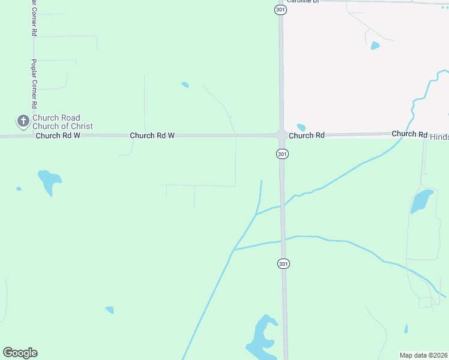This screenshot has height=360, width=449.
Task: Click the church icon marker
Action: [x=23, y=122]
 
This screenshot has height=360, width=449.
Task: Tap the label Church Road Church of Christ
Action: [x=62, y=122]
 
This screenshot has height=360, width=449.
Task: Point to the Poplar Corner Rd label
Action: [x=34, y=83]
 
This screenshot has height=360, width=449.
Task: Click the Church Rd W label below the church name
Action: [x=58, y=136]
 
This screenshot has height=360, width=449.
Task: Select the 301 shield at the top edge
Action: [x=280, y=10]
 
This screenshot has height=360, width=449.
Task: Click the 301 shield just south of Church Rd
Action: [x=282, y=154]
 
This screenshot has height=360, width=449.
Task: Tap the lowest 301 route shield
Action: [x=283, y=264]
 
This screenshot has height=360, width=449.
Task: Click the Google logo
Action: [x=20, y=353]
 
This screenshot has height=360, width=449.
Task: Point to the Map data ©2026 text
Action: [x=423, y=355]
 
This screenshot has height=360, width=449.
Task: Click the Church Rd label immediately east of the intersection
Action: [x=306, y=136]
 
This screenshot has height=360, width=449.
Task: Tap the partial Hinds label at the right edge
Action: [x=439, y=137]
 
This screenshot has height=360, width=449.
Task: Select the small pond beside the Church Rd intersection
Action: [x=301, y=127]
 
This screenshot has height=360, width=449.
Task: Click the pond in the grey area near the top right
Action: [x=375, y=46]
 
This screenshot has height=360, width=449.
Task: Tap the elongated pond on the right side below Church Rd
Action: [x=421, y=202]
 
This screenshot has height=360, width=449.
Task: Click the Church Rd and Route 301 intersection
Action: [x=281, y=134]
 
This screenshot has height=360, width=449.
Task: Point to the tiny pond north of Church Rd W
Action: [x=185, y=85]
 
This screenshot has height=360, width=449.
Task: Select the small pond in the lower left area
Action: [x=109, y=310]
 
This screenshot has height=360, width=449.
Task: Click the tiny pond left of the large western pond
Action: [x=19, y=188]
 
